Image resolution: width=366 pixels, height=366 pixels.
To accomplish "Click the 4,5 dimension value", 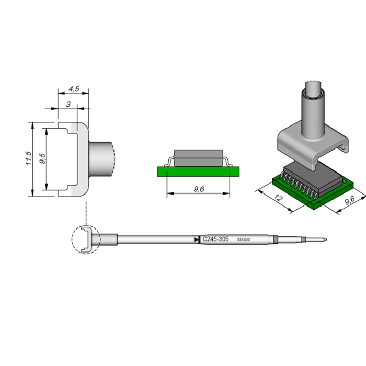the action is click(74, 89).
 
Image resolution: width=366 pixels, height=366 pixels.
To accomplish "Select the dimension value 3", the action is click(68, 104).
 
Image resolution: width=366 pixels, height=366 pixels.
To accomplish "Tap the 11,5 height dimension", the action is click(28, 158).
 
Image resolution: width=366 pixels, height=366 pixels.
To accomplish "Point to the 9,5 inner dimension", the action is click(42, 158).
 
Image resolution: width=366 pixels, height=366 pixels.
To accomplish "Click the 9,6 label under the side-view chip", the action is click(199, 189).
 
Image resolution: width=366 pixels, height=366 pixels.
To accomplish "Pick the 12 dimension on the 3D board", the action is click(278, 198).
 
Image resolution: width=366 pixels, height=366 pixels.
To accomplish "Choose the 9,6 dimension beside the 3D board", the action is click(350, 200).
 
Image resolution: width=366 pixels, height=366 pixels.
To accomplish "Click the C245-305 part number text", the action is click(215, 239).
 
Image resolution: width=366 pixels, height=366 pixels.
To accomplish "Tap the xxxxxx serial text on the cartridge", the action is click(244, 239).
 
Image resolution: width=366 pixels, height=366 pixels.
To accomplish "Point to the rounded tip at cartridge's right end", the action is click(325, 239).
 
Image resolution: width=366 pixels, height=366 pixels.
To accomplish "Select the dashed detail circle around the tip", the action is click(86, 239).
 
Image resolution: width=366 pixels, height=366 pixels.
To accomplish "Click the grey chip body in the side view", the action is click(198, 158).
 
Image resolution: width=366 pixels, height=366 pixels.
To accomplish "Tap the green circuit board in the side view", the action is click(198, 171).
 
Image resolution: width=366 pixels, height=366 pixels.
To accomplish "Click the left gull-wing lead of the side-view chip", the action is click(169, 162).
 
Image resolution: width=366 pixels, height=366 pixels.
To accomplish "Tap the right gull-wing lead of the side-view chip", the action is click(227, 162).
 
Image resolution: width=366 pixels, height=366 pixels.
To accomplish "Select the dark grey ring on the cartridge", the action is click(276, 239).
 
